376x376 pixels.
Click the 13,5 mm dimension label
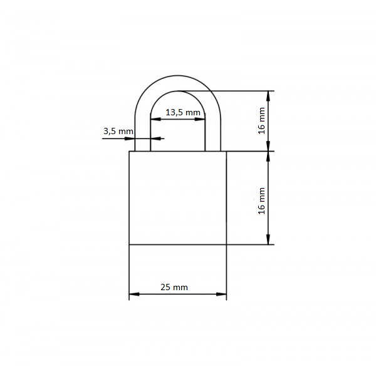(x=183, y=112)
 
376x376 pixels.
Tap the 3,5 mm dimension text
(x=118, y=131)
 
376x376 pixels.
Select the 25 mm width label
(x=174, y=287)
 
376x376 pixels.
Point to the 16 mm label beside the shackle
(x=261, y=120)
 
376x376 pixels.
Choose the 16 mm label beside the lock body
(x=261, y=201)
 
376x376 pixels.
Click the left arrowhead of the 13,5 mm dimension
(x=155, y=119)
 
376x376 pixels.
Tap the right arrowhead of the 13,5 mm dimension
(x=200, y=119)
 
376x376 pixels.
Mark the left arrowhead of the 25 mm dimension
(x=134, y=294)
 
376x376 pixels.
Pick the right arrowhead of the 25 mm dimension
(x=221, y=294)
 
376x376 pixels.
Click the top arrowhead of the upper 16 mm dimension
(x=268, y=96)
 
